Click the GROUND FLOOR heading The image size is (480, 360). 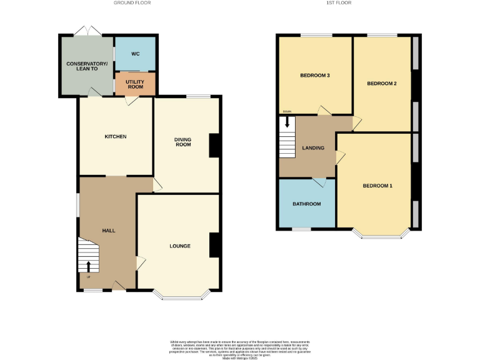pos(132,3)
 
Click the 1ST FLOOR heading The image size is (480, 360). pos(339,3)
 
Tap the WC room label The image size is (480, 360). pos(135,54)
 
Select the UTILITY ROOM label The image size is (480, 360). pos(135,84)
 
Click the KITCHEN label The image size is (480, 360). pos(116,137)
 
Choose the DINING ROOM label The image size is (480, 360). pos(182,141)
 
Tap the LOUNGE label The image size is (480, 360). pos(179,246)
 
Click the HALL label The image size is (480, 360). pos(109,231)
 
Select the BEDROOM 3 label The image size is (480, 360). pos(315,76)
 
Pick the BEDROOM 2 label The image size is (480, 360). pos(382,84)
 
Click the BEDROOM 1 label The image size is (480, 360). pos(377,186)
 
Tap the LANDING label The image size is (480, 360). pos(313,148)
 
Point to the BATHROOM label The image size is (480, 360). pos(307,204)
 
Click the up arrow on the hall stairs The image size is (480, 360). pos(89,266)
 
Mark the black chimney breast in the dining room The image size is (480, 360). pos(214,146)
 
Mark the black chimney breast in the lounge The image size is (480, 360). pos(214,245)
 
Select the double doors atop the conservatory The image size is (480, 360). pos(86,31)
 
